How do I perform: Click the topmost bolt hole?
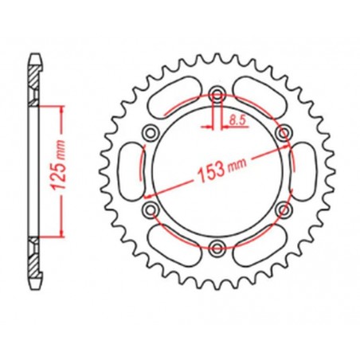click(216, 97)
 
